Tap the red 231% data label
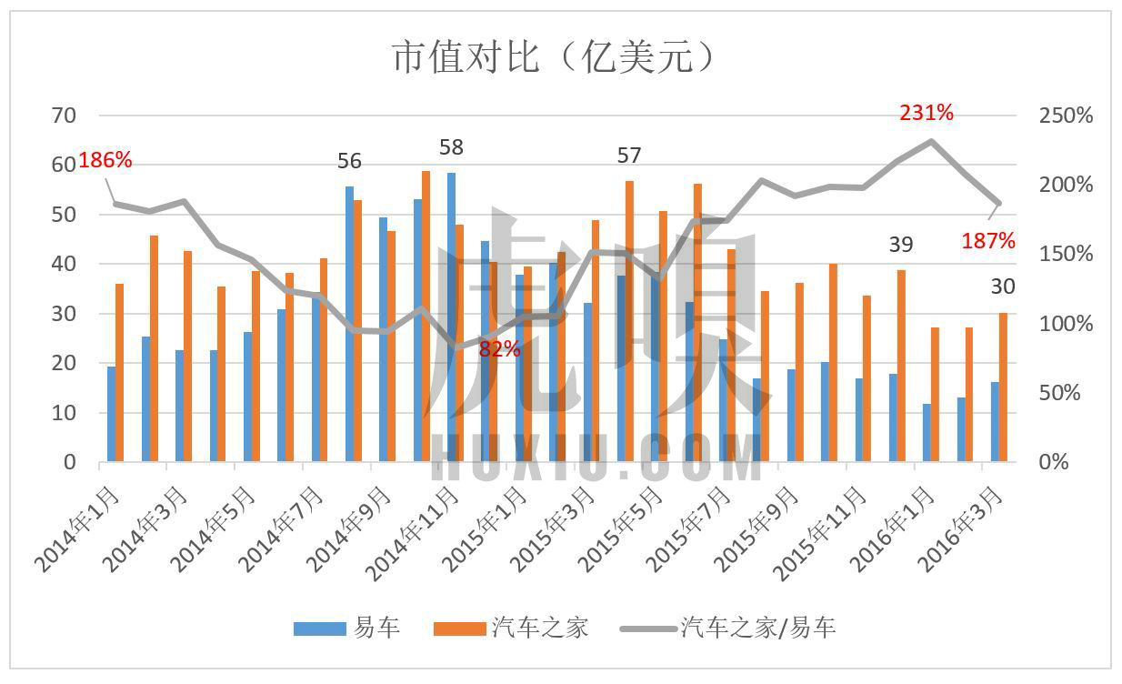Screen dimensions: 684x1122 927,113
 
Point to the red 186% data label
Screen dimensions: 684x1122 105,161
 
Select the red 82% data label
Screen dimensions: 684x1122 499,348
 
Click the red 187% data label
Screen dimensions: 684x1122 988,241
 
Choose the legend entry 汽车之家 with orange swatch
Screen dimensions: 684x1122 511,628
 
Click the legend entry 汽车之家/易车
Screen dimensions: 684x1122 727,628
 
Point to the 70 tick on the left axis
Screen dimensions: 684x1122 65,116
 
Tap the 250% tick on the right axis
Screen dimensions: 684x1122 1065,116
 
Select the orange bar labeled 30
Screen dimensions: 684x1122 1003,387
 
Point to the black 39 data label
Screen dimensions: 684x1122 900,244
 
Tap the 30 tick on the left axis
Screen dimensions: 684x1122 65,313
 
